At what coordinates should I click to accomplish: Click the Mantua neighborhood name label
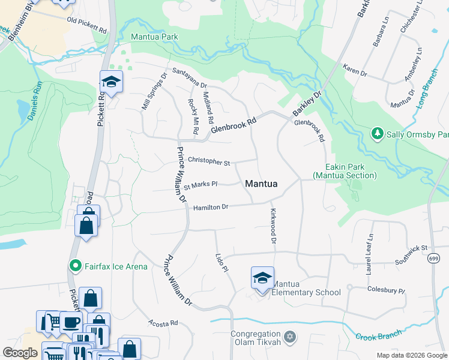pos(261,184)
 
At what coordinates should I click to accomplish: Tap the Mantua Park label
pos(154,37)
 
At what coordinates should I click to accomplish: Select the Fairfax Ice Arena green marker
pos(76,265)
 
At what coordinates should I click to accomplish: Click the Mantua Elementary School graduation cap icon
pos(262,278)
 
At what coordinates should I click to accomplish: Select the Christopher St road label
pos(209,162)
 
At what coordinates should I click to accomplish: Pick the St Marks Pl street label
pos(200,185)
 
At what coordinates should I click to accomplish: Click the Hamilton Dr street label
pos(211,208)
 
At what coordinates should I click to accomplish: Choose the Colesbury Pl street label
pos(386,290)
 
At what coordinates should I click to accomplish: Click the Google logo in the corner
pos(20,353)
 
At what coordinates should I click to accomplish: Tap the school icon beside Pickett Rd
pos(111,82)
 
